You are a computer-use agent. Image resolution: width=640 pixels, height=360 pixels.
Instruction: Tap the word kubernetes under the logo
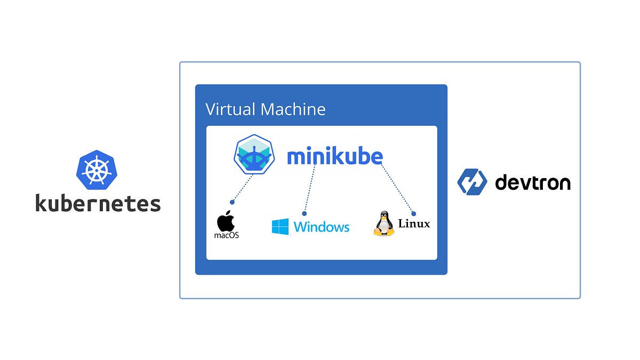tap(98, 203)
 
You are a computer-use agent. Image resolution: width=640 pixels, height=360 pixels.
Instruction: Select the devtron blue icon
tap(472, 182)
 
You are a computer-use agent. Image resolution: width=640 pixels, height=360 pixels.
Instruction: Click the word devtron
tap(532, 182)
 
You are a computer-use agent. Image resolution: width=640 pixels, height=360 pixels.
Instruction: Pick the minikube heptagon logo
tap(254, 155)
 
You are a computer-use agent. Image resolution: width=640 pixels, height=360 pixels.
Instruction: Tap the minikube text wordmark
tap(335, 156)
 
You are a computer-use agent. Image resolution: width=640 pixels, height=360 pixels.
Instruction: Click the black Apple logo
tap(226, 220)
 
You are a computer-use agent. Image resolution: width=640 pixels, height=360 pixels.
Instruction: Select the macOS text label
tap(226, 235)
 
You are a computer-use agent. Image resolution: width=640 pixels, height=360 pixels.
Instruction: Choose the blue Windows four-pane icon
tap(280, 227)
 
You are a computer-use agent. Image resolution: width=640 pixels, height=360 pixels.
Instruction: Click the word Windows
tap(322, 227)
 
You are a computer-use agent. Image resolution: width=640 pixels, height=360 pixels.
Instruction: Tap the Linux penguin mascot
tap(383, 224)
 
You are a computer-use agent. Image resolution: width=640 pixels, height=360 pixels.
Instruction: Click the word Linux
tap(414, 223)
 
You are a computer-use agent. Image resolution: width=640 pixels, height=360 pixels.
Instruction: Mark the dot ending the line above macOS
tap(232, 202)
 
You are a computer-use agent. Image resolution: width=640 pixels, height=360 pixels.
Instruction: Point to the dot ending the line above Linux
tap(413, 213)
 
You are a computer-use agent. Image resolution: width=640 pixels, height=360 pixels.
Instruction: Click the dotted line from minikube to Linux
tap(397, 189)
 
